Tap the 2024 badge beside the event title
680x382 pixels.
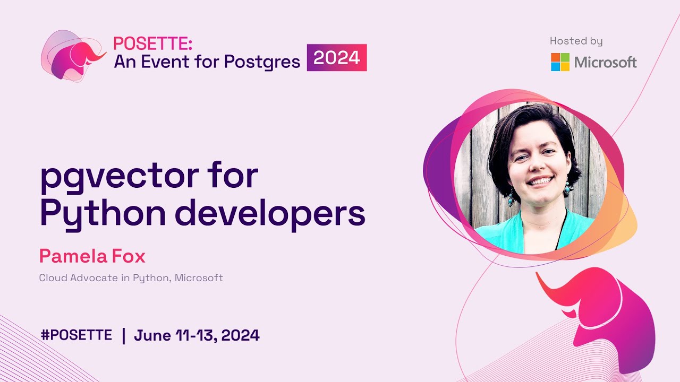click(337, 57)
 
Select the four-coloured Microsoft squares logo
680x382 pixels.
click(560, 62)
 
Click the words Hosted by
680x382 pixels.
click(576, 41)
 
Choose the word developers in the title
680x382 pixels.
click(270, 214)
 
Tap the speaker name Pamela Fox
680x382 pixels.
click(92, 257)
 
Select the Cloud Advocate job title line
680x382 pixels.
click(131, 277)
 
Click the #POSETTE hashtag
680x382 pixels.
click(76, 335)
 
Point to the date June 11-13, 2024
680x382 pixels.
click(197, 335)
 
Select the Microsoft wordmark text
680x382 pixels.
click(605, 63)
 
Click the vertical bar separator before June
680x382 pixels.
click(124, 335)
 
